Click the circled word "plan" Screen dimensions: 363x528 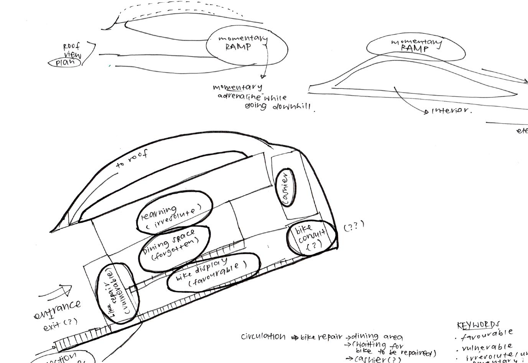point(65,62)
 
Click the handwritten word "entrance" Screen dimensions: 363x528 point(58,310)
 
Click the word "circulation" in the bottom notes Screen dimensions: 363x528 point(263,337)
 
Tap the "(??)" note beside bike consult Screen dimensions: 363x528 point(353,226)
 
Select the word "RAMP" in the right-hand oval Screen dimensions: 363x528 point(415,49)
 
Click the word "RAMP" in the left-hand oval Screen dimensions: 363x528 point(238,47)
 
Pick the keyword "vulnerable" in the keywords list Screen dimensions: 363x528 point(487,348)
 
